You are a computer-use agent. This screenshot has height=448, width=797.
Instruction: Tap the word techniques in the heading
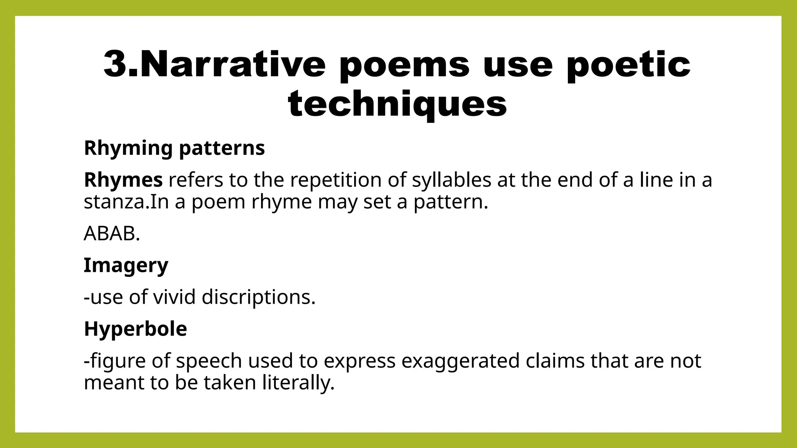(x=397, y=103)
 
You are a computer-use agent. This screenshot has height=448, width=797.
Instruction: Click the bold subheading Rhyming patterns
(x=174, y=148)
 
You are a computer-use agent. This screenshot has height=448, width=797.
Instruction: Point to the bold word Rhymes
(x=123, y=180)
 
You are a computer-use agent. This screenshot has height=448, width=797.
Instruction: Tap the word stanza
(x=116, y=202)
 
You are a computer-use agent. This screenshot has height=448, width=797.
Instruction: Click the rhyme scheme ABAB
(x=111, y=234)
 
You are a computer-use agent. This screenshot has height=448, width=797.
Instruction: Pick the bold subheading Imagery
(x=126, y=266)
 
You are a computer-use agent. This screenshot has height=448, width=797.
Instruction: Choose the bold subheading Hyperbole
(x=135, y=329)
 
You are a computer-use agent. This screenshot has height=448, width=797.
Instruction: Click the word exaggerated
(x=460, y=361)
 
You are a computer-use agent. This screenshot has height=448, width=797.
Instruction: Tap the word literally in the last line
(x=297, y=383)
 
